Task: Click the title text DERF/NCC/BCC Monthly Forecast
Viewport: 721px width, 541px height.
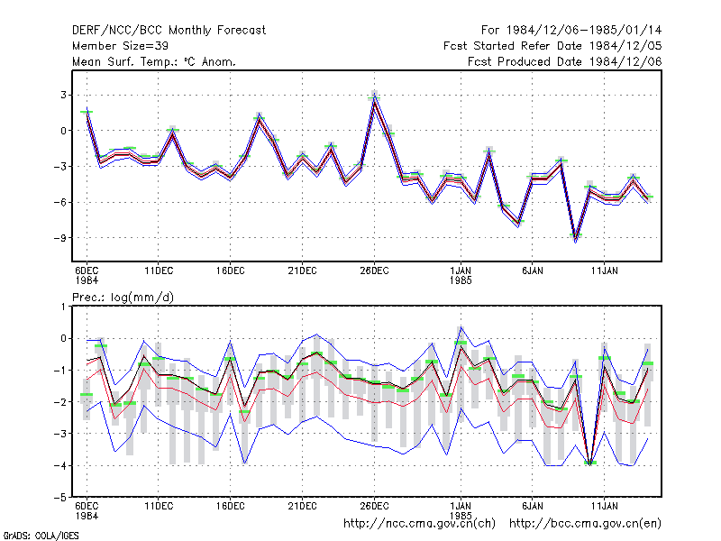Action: (169, 31)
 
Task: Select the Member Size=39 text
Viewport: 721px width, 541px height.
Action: (120, 46)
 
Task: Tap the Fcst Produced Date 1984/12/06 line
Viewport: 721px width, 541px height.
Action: (565, 61)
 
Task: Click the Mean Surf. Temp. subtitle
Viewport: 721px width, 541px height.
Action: (154, 61)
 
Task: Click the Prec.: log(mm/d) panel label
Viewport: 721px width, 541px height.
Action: (123, 298)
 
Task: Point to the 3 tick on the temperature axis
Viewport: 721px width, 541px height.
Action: (63, 95)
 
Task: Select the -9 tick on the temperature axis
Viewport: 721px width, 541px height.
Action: (59, 238)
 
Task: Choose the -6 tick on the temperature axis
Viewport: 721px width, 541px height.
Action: (59, 202)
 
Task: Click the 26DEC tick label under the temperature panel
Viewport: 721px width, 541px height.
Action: (374, 270)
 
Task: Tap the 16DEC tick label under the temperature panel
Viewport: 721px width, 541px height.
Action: (231, 270)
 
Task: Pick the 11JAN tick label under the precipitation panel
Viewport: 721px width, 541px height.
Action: (604, 506)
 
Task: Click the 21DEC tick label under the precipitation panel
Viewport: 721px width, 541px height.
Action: (302, 506)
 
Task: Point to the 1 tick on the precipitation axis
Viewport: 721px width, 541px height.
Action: (64, 307)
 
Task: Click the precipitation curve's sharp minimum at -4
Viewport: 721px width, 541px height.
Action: (590, 464)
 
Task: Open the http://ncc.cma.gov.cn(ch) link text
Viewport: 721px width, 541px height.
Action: (420, 524)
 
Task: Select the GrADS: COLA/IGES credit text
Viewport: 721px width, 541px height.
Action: (41, 536)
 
